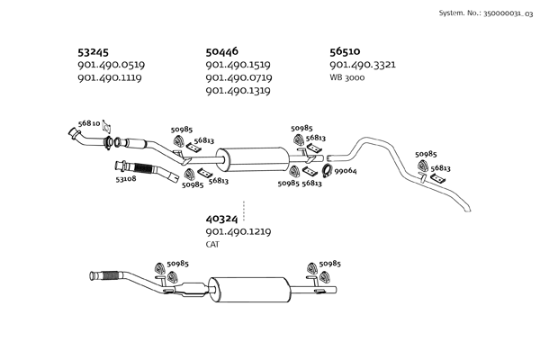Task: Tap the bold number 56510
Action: pyautogui.click(x=346, y=51)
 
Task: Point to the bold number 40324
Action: pyautogui.click(x=221, y=219)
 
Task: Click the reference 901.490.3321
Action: pyautogui.click(x=363, y=65)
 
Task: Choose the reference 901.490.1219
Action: pyautogui.click(x=238, y=232)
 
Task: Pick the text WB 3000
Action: pyautogui.click(x=347, y=77)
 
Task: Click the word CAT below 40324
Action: pyautogui.click(x=212, y=244)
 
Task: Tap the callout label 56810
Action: pyautogui.click(x=88, y=123)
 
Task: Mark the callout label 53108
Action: pyautogui.click(x=126, y=180)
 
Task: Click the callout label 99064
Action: pyautogui.click(x=346, y=171)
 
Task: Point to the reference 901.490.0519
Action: pyautogui.click(x=112, y=65)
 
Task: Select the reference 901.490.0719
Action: pyautogui.click(x=238, y=77)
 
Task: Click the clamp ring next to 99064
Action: pyautogui.click(x=328, y=171)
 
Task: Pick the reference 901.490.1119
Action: pyautogui.click(x=112, y=77)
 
